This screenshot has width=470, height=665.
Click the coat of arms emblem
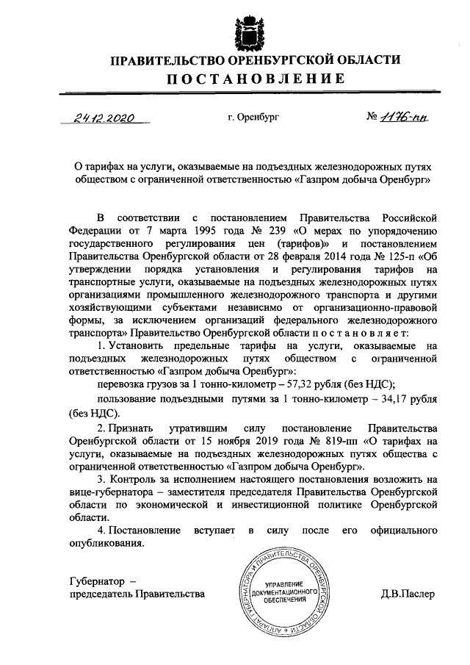tap(245, 28)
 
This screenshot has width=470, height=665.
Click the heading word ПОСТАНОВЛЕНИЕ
tap(245, 79)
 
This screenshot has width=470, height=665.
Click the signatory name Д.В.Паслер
tap(408, 593)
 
